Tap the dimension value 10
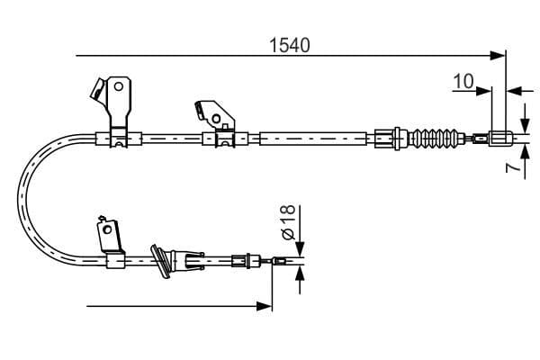(x=463, y=81)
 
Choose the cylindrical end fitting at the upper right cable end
(x=500, y=139)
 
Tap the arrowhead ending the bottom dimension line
(x=266, y=306)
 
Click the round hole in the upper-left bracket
(x=117, y=87)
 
